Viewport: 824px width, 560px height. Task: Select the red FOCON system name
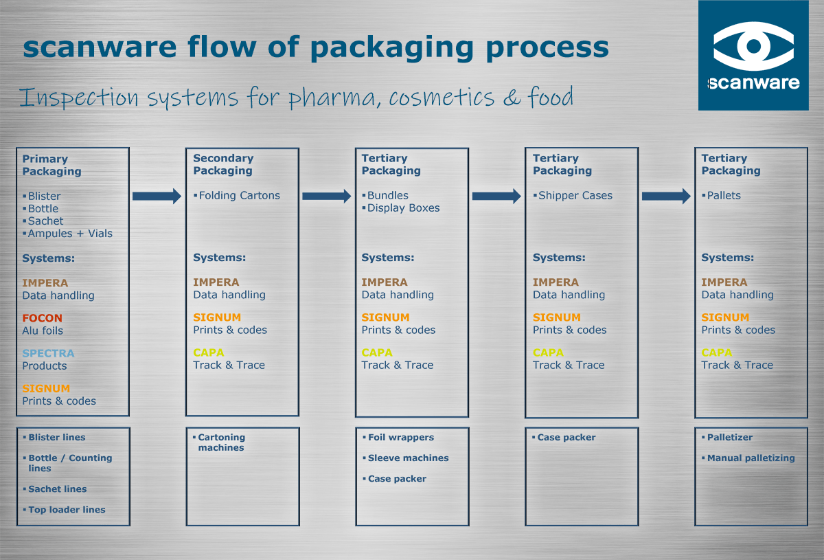tap(42, 318)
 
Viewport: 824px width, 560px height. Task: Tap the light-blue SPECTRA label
tap(48, 353)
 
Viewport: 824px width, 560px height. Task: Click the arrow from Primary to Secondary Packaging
tap(157, 197)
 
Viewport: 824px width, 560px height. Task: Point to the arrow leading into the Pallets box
tap(666, 197)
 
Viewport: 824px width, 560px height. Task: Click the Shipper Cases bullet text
tap(575, 196)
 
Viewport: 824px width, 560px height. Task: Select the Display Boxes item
tap(403, 208)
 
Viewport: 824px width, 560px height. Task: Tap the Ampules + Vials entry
tap(69, 234)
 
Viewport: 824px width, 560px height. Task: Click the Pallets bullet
tap(724, 196)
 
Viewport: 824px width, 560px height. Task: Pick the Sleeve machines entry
tap(408, 458)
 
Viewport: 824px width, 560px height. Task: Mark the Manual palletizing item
tap(751, 458)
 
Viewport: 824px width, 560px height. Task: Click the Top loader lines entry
tap(67, 510)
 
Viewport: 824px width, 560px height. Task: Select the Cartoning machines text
tap(221, 443)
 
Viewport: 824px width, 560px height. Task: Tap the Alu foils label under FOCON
tap(43, 331)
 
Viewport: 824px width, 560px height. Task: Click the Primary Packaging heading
tap(51, 165)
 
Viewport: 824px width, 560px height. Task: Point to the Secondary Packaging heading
tap(222, 164)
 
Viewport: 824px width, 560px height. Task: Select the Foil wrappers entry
tap(400, 438)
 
